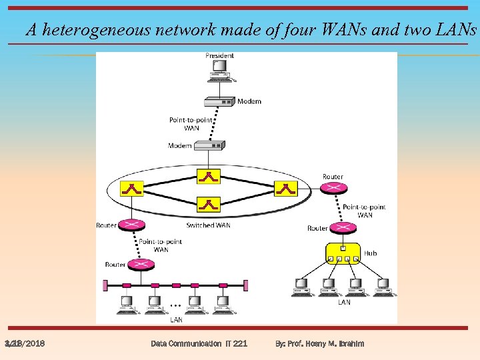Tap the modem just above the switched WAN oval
tap(209, 145)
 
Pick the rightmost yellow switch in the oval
tap(286, 189)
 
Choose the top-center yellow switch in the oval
tap(209, 176)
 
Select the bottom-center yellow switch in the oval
tap(209, 204)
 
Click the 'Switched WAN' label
tap(208, 225)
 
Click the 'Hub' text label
tap(370, 253)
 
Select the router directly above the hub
tap(343, 228)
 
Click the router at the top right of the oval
tap(333, 188)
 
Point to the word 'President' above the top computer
tap(219, 55)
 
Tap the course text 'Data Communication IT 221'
tap(199, 343)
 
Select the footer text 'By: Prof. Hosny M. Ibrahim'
tap(320, 343)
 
